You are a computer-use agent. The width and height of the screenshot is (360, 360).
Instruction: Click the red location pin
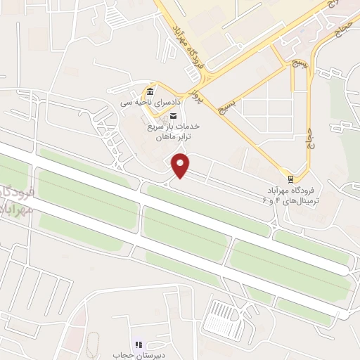(181, 165)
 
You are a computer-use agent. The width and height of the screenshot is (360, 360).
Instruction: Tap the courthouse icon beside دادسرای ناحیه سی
(150, 92)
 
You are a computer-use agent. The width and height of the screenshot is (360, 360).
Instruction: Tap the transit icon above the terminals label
(291, 178)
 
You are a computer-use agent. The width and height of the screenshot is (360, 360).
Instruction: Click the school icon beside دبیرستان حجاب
(139, 345)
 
